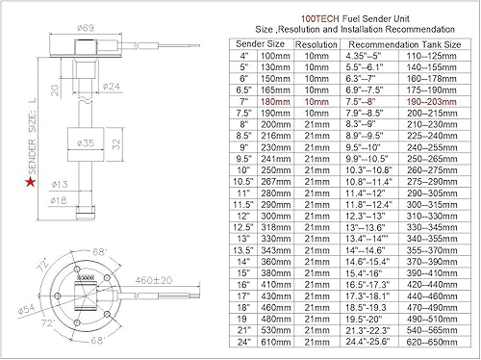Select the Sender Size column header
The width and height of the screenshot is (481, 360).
click(x=257, y=44)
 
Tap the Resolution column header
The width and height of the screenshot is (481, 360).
click(x=312, y=44)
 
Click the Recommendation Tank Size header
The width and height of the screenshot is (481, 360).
click(x=401, y=44)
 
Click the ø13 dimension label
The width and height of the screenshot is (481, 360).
click(x=59, y=184)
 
